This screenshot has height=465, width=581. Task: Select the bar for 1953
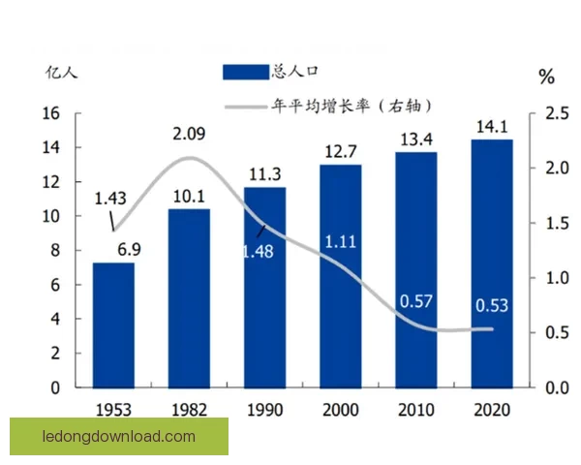113,325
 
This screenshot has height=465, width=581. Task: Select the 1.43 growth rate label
110,199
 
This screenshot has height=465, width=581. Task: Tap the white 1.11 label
340,240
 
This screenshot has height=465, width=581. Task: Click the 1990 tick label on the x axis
264,409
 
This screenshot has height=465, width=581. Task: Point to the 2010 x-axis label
415,409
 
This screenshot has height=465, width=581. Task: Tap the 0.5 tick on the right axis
556,333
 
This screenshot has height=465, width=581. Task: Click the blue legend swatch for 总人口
245,72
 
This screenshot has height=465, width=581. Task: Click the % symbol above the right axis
546,77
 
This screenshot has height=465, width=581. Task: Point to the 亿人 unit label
59,73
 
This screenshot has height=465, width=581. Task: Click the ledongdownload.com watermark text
119,437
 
